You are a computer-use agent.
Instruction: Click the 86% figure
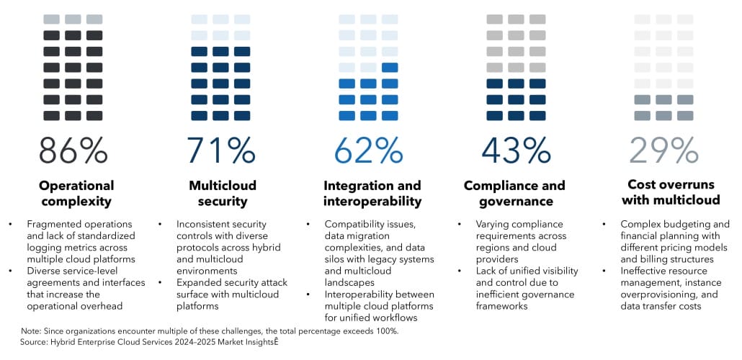point(73,150)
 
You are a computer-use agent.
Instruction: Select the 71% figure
point(220,150)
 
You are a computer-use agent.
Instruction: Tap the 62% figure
point(368,150)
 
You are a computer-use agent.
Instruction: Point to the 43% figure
point(516,150)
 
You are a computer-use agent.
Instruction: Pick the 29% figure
point(663,150)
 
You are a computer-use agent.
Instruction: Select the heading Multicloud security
point(222,193)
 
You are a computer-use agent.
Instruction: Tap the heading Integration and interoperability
point(372,193)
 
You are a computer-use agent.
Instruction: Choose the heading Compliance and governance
point(514,193)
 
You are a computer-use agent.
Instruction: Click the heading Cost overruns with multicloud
point(663,193)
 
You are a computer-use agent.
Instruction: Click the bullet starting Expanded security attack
point(227,294)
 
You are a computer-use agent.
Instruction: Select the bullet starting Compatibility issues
point(379,247)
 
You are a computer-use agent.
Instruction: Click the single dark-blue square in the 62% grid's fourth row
point(390,68)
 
